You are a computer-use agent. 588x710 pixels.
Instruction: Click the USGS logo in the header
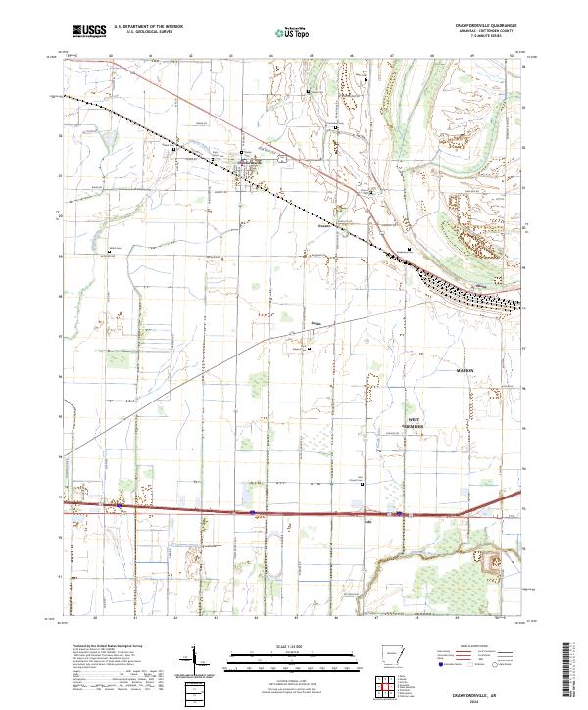[89, 31]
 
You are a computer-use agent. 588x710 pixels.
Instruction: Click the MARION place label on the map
[465, 371]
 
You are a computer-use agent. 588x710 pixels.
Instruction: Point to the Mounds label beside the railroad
[325, 224]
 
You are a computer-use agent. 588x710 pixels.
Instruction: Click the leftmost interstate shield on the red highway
[121, 506]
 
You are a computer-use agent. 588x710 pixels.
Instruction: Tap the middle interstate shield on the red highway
[252, 510]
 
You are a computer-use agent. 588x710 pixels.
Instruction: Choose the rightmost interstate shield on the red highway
[399, 512]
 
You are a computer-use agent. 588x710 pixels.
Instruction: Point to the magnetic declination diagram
[196, 660]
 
